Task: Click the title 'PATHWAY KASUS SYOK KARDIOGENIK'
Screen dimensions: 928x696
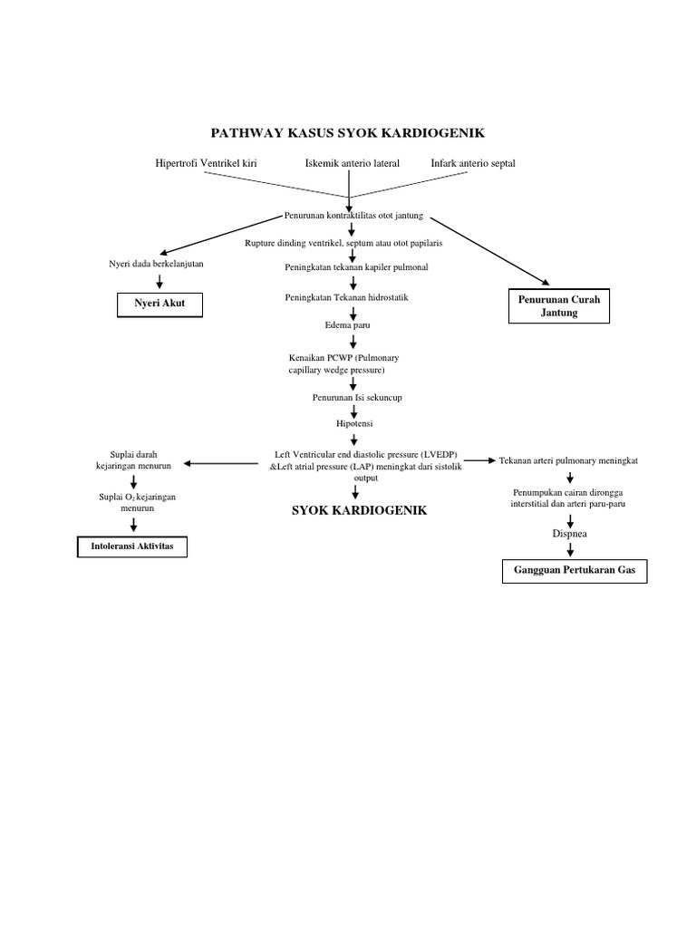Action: (x=347, y=133)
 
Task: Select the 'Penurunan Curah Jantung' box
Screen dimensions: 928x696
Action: (x=559, y=306)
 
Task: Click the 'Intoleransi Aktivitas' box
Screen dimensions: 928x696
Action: (x=130, y=549)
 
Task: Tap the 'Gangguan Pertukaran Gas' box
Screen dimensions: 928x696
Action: (x=575, y=573)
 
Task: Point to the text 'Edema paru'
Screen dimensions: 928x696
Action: (x=347, y=324)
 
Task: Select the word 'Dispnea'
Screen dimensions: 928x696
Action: (x=570, y=534)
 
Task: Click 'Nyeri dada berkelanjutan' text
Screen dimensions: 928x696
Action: (x=156, y=263)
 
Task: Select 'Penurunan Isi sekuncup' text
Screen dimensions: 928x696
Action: (x=354, y=397)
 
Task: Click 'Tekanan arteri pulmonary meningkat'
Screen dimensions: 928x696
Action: (x=568, y=460)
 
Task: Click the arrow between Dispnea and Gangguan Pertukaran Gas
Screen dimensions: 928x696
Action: (x=570, y=549)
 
